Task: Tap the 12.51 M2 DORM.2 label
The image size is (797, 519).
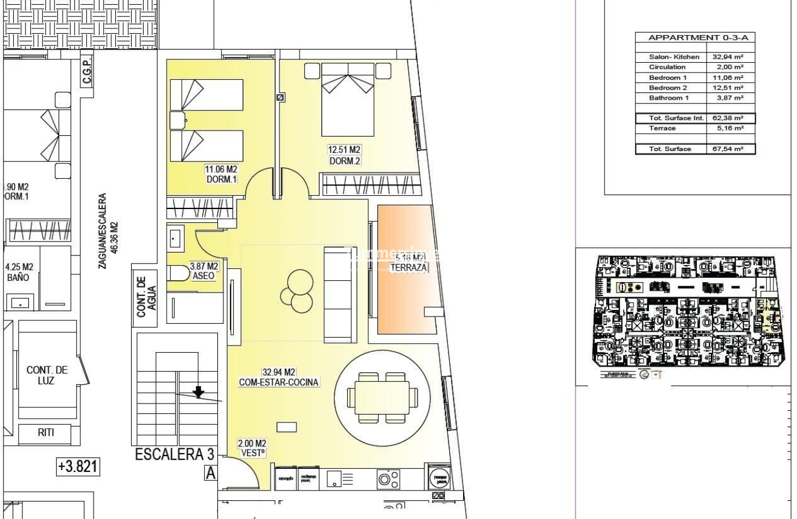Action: (345, 155)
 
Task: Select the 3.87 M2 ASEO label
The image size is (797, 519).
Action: (204, 270)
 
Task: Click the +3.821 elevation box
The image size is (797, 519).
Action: (78, 467)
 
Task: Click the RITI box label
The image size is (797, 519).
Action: (46, 433)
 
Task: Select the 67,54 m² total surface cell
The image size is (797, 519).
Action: (730, 149)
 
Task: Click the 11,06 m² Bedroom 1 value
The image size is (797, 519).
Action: (730, 78)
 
